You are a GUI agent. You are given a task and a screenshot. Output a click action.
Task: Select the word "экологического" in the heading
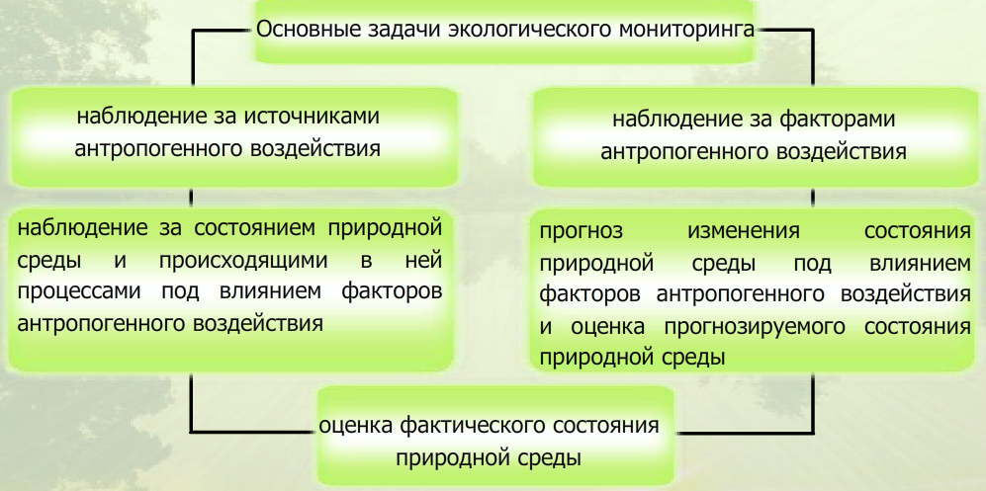pos(528,27)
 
